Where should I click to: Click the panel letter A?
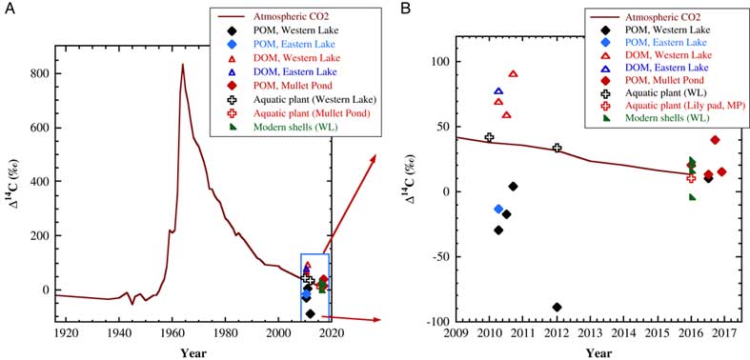pos(8,10)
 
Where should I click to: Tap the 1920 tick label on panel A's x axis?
pos(66,333)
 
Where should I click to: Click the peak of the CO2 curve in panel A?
pos(182,65)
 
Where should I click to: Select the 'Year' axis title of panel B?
pos(598,353)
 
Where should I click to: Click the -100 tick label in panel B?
pos(435,322)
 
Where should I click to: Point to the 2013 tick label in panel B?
pos(590,333)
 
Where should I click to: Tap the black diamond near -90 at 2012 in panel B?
pos(557,307)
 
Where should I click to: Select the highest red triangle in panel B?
pos(513,73)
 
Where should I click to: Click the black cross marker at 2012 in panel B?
pos(557,148)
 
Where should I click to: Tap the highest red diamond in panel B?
pos(715,140)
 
